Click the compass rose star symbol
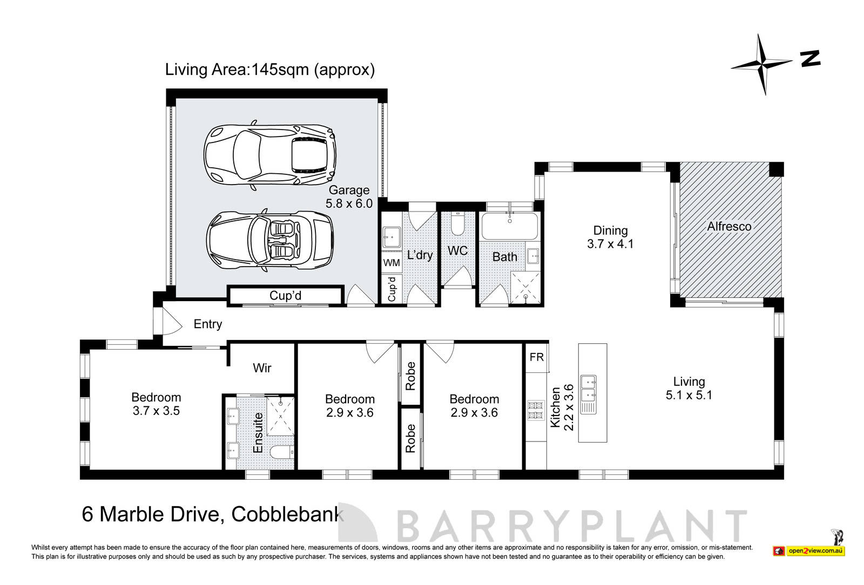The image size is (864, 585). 762,64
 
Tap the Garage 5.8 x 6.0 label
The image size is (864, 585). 349,196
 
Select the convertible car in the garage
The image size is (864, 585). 269,240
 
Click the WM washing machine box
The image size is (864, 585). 391,263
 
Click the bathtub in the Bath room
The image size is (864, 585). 510,226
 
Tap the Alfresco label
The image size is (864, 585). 729,227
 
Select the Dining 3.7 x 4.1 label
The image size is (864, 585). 610,237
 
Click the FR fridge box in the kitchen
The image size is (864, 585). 537,357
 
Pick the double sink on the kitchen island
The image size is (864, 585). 588,394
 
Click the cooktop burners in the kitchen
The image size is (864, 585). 536,410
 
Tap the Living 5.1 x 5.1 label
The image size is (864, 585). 688,388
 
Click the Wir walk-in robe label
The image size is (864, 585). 262,368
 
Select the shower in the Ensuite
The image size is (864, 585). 281,415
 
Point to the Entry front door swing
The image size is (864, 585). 172,323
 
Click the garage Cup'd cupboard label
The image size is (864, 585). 285,296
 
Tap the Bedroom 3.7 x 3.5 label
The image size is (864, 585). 156,404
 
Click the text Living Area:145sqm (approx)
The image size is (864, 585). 269,70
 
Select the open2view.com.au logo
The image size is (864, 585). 809,551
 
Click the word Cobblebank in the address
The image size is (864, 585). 287,514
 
